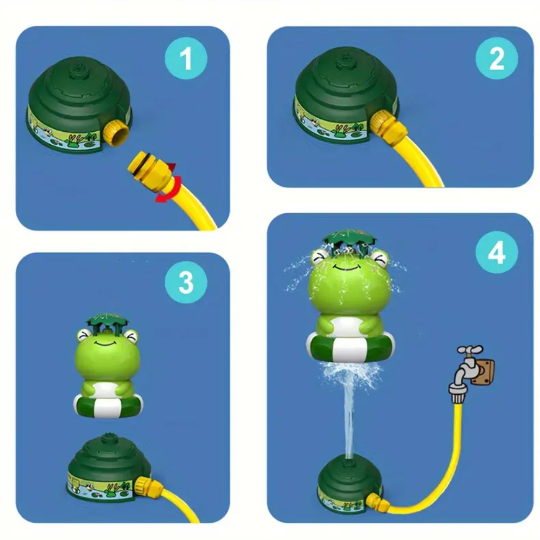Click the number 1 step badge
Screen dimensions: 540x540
click(x=185, y=58)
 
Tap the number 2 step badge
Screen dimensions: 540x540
click(x=496, y=59)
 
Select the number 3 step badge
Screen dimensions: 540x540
click(x=185, y=282)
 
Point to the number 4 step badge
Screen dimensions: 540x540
click(x=496, y=252)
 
